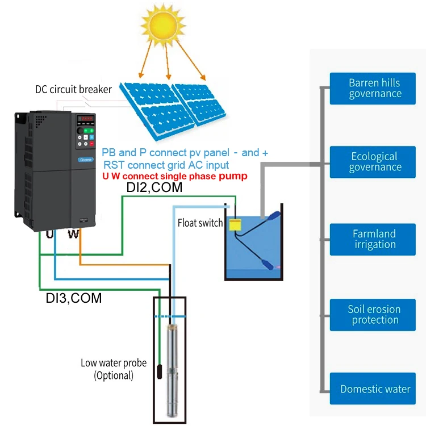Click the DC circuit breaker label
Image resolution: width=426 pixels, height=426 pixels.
[73, 89]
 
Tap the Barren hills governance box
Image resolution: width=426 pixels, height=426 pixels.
[375, 88]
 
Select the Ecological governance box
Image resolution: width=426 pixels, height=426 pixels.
[375, 161]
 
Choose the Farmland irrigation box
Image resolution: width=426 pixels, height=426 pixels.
[375, 239]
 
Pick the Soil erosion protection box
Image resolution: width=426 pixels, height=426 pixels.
[375, 315]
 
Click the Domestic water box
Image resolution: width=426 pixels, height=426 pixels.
[375, 389]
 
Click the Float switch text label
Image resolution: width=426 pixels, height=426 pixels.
[200, 223]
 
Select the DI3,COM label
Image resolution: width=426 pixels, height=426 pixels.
[74, 298]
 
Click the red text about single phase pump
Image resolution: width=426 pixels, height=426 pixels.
[175, 176]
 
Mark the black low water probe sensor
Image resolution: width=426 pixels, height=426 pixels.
[160, 372]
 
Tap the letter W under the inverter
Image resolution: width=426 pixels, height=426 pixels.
[73, 234]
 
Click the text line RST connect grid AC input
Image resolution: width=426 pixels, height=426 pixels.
[166, 165]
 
